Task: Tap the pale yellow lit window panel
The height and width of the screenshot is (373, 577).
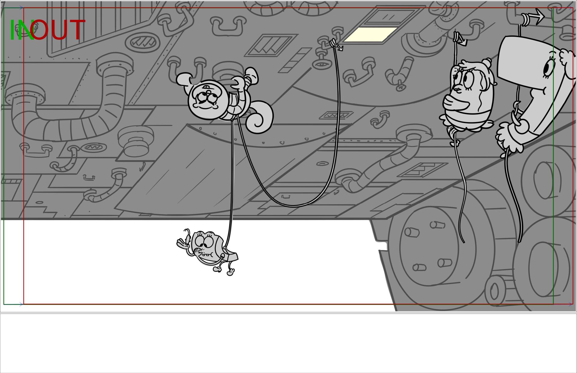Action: [370, 34]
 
